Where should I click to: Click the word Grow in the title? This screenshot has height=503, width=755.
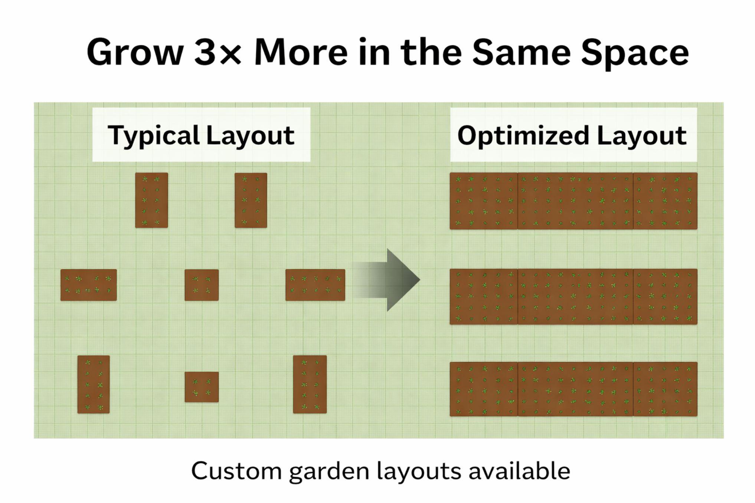pos(135,52)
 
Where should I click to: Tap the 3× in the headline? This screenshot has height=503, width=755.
pos(218,52)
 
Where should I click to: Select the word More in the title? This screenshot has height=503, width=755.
pos(301,52)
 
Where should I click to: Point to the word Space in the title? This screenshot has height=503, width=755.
pos(634,52)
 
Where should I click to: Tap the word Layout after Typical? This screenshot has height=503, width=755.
pos(250,135)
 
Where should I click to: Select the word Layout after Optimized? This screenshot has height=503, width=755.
pos(642,135)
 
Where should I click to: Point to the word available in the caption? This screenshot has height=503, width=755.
pos(519,471)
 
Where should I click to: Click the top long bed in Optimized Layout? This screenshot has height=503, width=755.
pos(573,201)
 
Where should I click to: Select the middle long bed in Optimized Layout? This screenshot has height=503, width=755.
pos(573,296)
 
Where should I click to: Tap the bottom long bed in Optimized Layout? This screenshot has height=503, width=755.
pos(573,389)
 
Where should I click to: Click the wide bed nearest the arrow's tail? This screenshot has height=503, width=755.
pos(315,285)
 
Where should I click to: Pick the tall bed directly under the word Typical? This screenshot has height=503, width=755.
pos(151,200)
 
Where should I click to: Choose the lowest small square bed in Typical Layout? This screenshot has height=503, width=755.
pos(202,387)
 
